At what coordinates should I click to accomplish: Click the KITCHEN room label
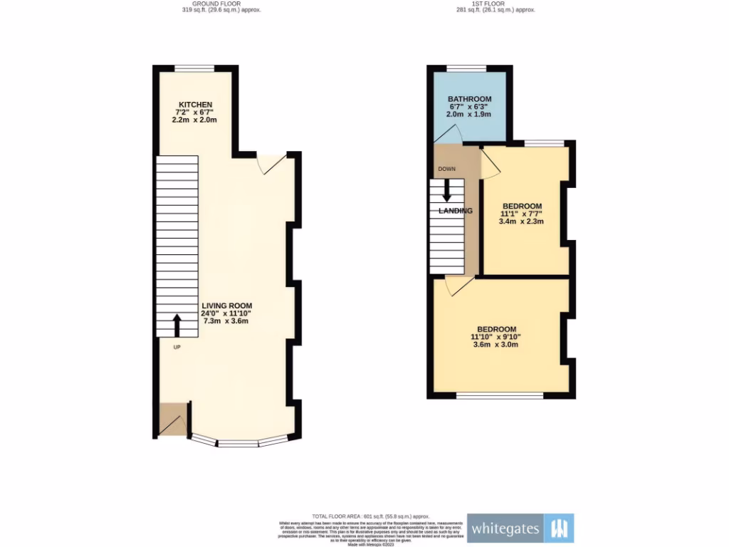click(194, 105)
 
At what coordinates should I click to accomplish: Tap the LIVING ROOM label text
click(227, 306)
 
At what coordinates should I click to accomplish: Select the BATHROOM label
click(469, 98)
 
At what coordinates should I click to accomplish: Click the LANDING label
click(456, 211)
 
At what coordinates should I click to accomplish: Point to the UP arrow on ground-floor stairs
click(177, 325)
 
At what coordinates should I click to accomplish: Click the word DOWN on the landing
click(446, 170)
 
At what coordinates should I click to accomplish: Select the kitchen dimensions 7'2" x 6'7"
click(194, 113)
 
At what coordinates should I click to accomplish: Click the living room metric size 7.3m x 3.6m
click(227, 321)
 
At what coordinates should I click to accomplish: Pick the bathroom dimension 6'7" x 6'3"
click(469, 106)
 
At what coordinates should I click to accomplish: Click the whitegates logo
click(520, 528)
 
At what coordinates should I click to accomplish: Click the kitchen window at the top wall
click(194, 69)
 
